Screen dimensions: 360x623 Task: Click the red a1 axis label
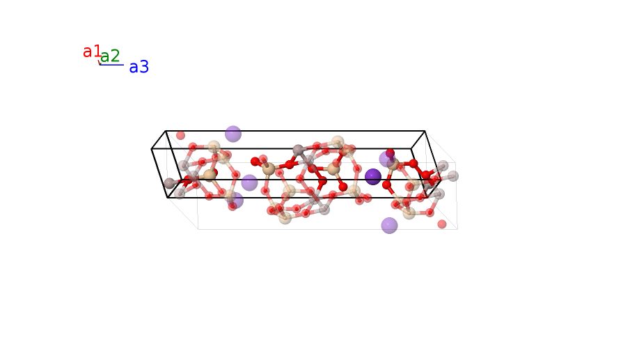pos(92,52)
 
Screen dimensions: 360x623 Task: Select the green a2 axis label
pos(110,56)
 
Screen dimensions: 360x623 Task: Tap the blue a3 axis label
pos(139,67)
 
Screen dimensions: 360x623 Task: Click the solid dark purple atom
pos(373,177)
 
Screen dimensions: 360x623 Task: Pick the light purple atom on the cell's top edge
pos(233,134)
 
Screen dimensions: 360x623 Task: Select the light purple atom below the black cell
pos(389,226)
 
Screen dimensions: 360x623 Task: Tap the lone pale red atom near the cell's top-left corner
pos(181,135)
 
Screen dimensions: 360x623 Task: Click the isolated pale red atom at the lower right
pos(442,224)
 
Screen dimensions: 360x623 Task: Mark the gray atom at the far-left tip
pos(169,183)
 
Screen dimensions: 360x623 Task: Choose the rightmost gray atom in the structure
pos(453,176)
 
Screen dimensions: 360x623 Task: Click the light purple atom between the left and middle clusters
pos(249,183)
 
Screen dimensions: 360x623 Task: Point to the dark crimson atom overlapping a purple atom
pos(391,153)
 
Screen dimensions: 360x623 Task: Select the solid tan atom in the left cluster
pos(210,175)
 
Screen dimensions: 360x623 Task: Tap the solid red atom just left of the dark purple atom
pos(343,187)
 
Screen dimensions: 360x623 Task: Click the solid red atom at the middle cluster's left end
pos(255,162)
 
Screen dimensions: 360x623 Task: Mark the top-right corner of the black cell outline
pos(425,131)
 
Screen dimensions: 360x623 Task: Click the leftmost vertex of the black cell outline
pos(152,149)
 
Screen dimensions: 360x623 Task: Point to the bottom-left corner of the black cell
pos(168,198)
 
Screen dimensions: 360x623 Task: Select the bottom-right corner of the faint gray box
pos(457,229)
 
